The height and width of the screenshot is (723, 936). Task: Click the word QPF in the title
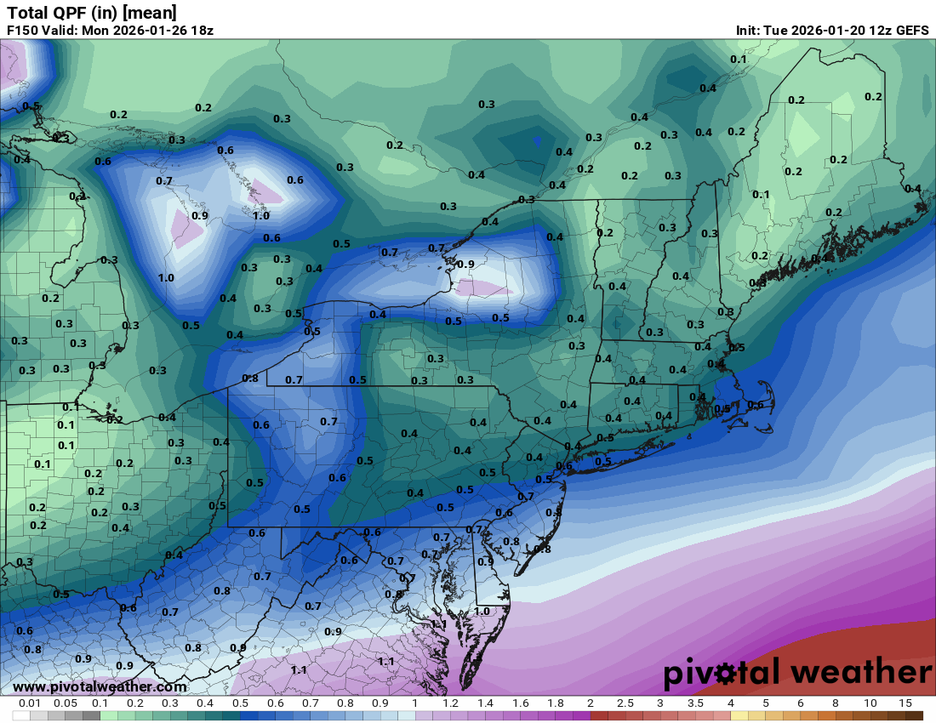point(65,13)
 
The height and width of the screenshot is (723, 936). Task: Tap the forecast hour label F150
point(23,30)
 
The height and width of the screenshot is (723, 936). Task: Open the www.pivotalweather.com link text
point(100,686)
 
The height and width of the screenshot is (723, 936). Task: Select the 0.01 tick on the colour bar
point(31,703)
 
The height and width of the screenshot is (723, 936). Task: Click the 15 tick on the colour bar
point(905,703)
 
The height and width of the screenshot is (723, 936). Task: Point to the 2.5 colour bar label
point(625,703)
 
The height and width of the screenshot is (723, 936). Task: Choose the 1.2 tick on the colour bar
point(450,703)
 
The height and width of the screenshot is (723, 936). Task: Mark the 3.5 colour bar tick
point(695,703)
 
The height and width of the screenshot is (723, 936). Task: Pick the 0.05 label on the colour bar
point(66,703)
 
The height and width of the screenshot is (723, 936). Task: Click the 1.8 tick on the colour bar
point(555,703)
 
